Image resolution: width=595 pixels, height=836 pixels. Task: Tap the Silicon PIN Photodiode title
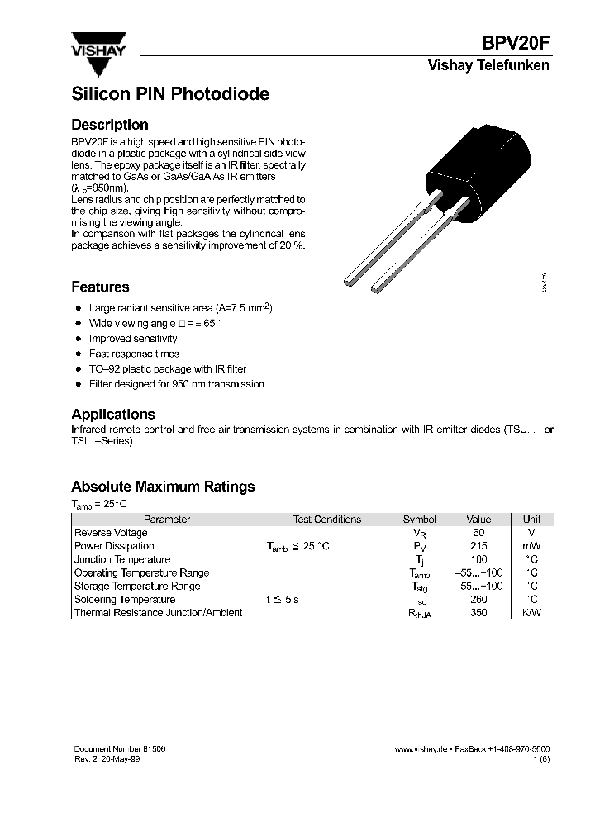tap(170, 94)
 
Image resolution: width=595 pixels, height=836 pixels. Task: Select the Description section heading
tap(110, 126)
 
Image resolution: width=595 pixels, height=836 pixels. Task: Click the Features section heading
tap(100, 287)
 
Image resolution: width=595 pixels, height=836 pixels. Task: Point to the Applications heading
tap(112, 415)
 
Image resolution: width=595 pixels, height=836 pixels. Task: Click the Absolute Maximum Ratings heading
tap(163, 487)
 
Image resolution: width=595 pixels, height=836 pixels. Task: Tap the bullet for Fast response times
tap(78, 354)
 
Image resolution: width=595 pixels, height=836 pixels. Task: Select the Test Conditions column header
tap(326, 520)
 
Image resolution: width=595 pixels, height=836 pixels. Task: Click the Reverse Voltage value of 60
tap(478, 533)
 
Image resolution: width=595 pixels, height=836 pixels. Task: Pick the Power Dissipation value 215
tap(478, 546)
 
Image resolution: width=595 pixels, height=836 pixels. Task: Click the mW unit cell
tap(532, 546)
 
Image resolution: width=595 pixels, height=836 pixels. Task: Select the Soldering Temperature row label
tap(125, 599)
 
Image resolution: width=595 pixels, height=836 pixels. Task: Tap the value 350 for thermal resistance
tap(478, 613)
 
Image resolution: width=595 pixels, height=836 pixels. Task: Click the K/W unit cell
tap(532, 613)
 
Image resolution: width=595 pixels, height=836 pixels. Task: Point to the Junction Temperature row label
tap(122, 559)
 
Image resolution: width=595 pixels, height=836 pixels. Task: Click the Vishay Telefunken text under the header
tap(488, 66)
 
